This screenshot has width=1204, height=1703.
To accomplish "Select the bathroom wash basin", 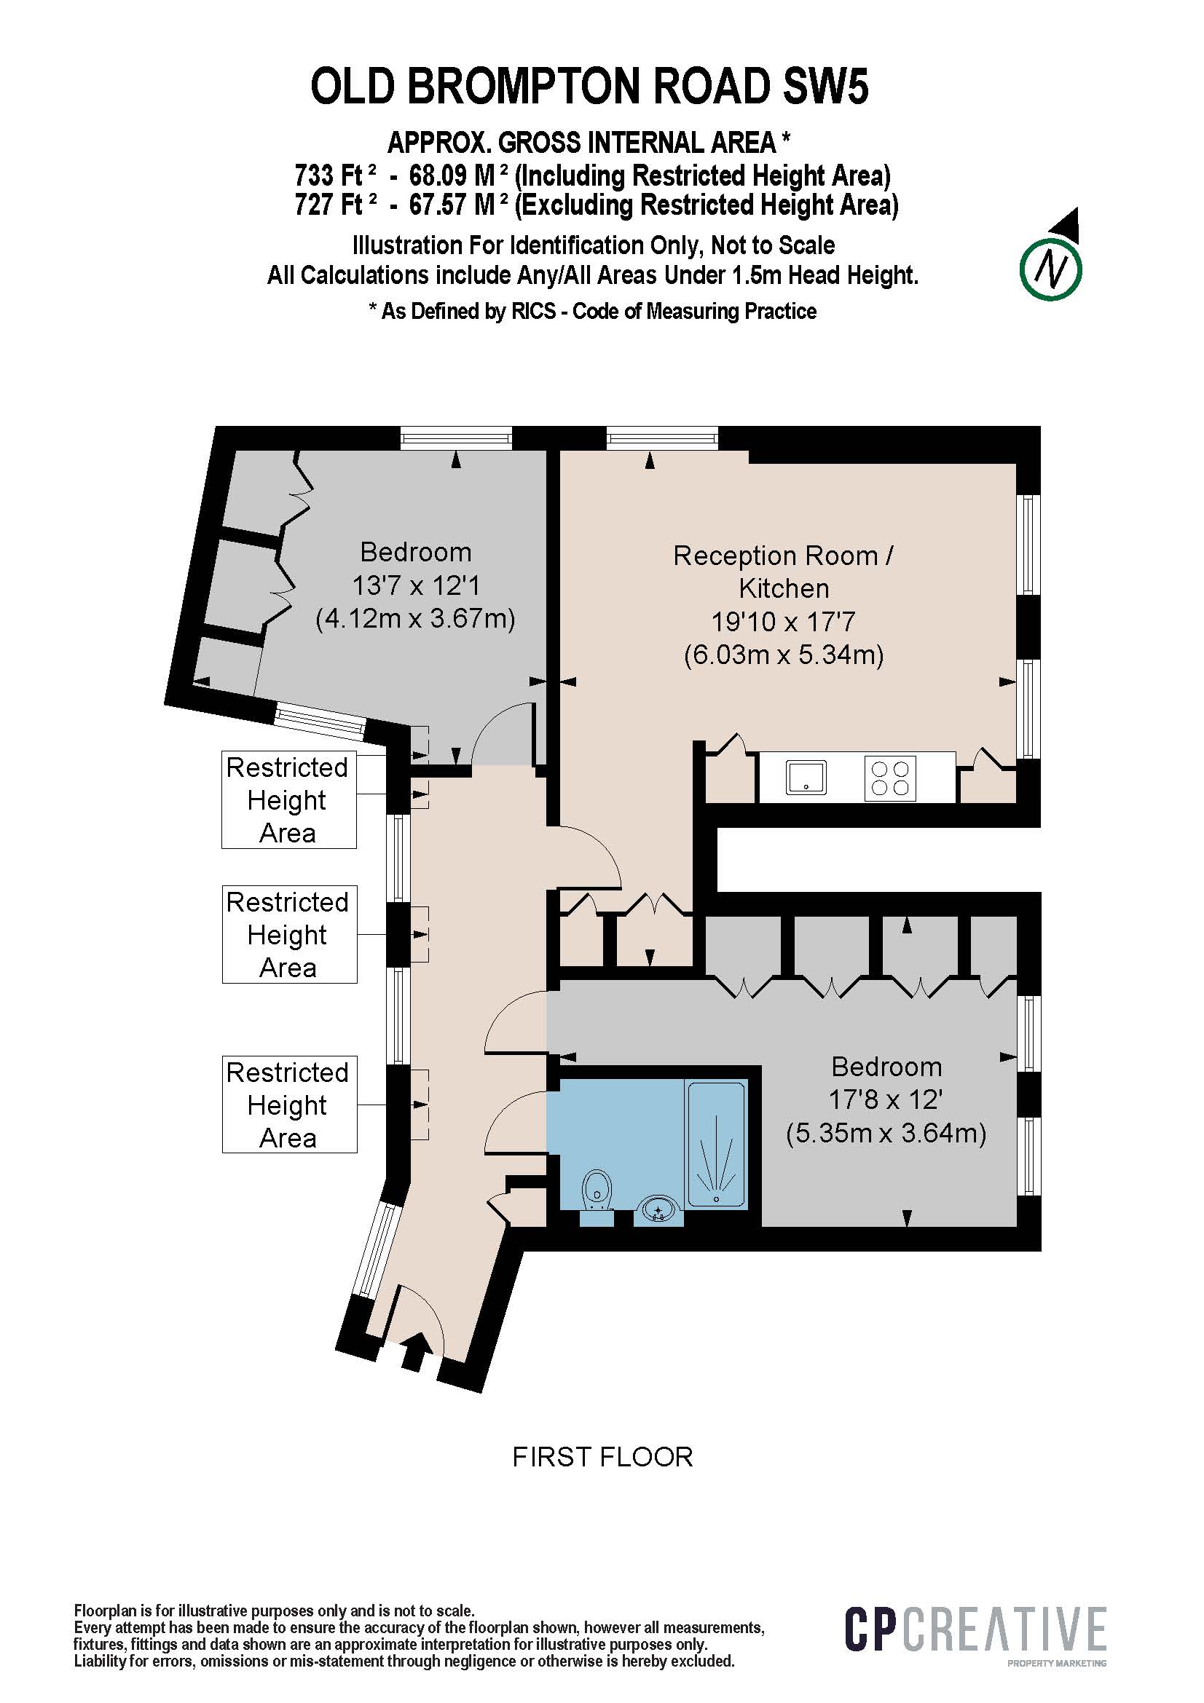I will point(657,1209).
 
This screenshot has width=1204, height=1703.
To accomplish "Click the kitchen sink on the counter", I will point(806,778).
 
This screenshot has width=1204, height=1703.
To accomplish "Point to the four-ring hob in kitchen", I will point(890,778).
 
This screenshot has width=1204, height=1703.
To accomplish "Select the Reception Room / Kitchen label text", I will point(783,571).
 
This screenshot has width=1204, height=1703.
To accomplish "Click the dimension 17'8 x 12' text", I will point(886,1099).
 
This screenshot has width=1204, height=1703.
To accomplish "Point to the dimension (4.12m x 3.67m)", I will point(415,619).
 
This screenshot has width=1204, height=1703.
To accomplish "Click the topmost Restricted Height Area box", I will point(288,799).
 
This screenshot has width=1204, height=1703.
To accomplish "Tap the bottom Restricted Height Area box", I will point(288,1105).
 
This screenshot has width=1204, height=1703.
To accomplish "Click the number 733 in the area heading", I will point(314,175).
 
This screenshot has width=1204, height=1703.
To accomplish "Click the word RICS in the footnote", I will point(532,311).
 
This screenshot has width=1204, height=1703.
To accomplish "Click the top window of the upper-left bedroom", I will point(455,438).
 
